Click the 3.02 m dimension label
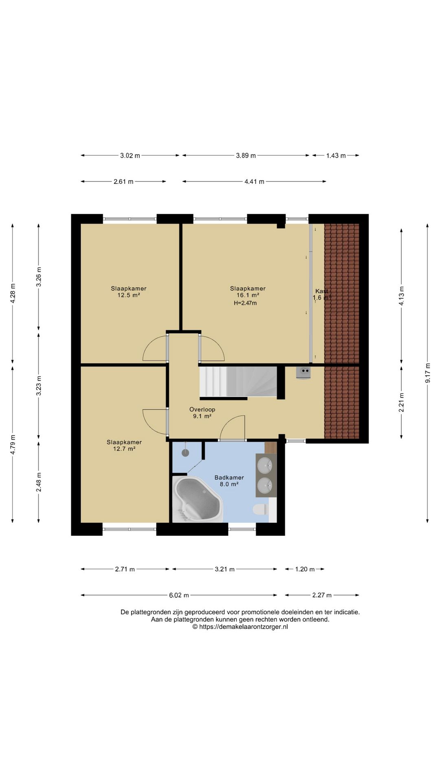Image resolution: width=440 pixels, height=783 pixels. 130,155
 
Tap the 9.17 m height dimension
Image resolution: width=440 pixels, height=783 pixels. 428,373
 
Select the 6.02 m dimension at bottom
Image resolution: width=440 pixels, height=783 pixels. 179,595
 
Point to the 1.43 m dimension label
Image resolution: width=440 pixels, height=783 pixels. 336,155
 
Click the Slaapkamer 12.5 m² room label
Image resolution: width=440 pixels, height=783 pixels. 129,292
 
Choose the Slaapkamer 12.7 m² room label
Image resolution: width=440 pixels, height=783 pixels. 124,445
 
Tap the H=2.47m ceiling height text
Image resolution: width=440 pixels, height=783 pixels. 245,303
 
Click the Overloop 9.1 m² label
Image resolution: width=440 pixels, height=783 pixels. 202,413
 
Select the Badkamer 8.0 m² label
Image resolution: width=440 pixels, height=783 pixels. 229,481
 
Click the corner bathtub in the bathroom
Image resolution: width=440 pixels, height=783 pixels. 198,499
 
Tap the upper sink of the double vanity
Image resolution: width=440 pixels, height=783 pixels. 265,464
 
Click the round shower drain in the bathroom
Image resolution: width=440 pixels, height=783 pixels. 185,453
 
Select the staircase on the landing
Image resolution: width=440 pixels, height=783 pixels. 238,381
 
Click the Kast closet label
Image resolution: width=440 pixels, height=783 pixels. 321,291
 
